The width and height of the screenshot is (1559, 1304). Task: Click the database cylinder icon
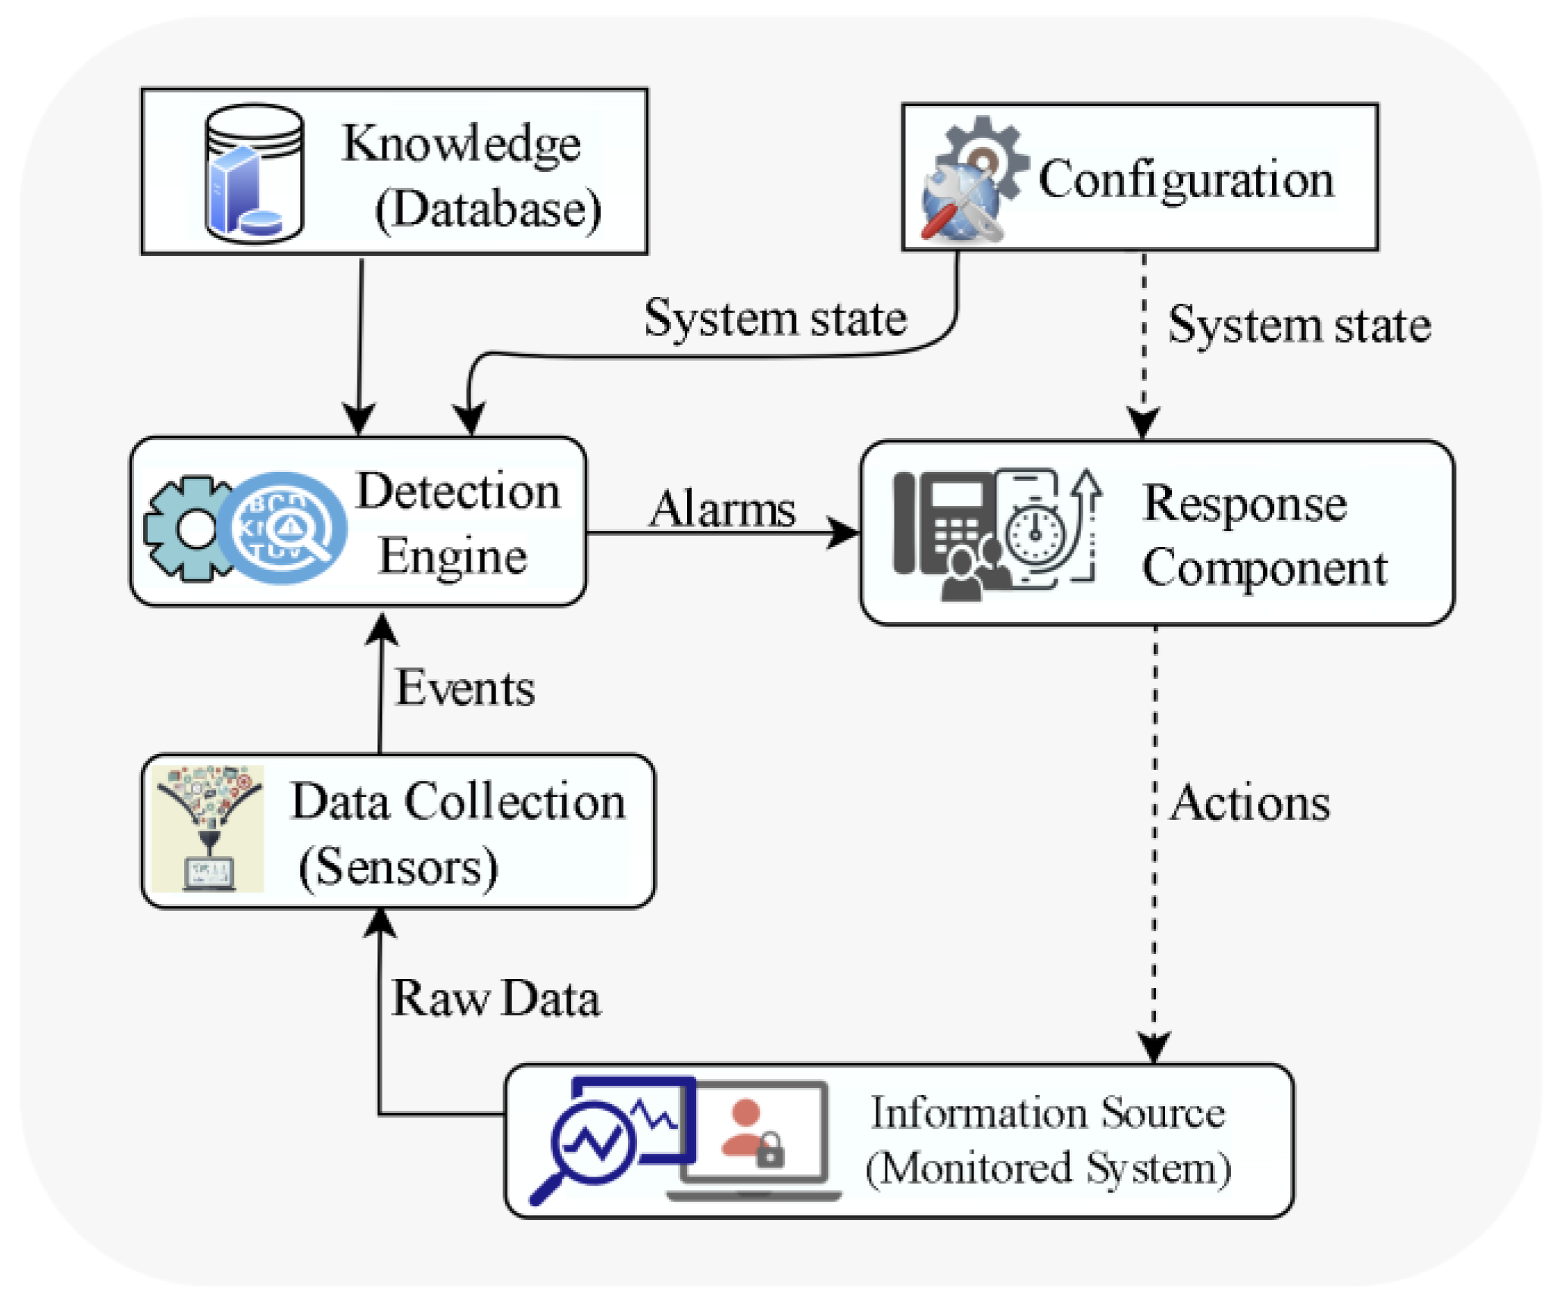click(x=255, y=174)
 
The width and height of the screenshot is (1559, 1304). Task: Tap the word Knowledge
click(x=461, y=144)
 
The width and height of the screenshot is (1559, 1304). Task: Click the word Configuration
click(x=1186, y=180)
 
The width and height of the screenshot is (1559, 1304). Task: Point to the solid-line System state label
click(x=775, y=318)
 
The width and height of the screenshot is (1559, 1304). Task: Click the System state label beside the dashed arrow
click(x=1299, y=325)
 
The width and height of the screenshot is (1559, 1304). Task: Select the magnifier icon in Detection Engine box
click(x=283, y=528)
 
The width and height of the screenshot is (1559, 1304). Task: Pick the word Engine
click(x=452, y=557)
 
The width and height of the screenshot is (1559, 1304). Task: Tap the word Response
click(x=1245, y=505)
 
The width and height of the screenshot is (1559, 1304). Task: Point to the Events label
click(x=465, y=688)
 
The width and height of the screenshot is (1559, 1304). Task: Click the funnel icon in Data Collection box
click(x=208, y=827)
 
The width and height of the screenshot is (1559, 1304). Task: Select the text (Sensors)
click(x=398, y=867)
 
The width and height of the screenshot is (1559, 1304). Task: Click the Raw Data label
click(x=495, y=998)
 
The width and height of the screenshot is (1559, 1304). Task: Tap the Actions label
click(x=1250, y=802)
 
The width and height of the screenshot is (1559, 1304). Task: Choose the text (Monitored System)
click(x=1048, y=1168)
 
